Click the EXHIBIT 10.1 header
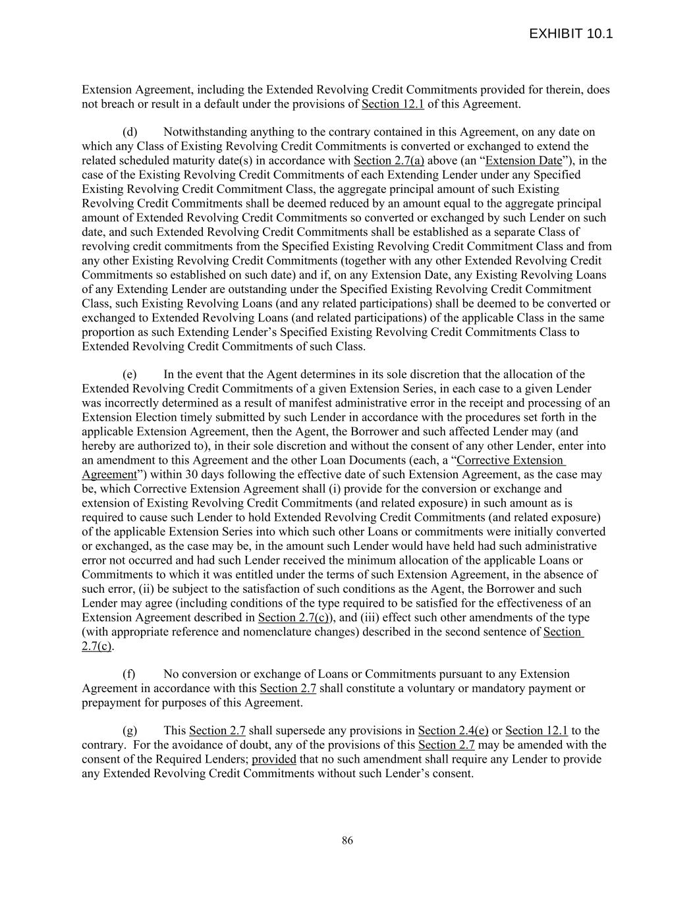570,34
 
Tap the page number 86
347,840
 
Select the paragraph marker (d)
130,132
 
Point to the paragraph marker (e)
130,374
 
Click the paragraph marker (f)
129,674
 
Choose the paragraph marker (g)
130,730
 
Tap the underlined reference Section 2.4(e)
453,730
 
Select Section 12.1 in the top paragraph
393,104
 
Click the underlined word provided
274,759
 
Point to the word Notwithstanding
204,132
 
